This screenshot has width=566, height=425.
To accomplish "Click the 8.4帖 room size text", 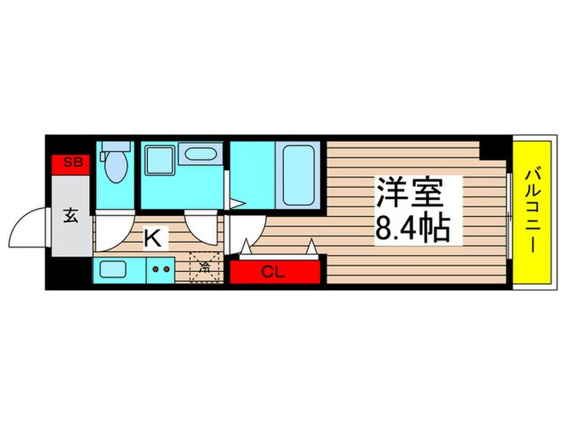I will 412,231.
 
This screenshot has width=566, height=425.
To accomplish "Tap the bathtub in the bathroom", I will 298,174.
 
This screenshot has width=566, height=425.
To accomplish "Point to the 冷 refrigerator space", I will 204,266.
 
